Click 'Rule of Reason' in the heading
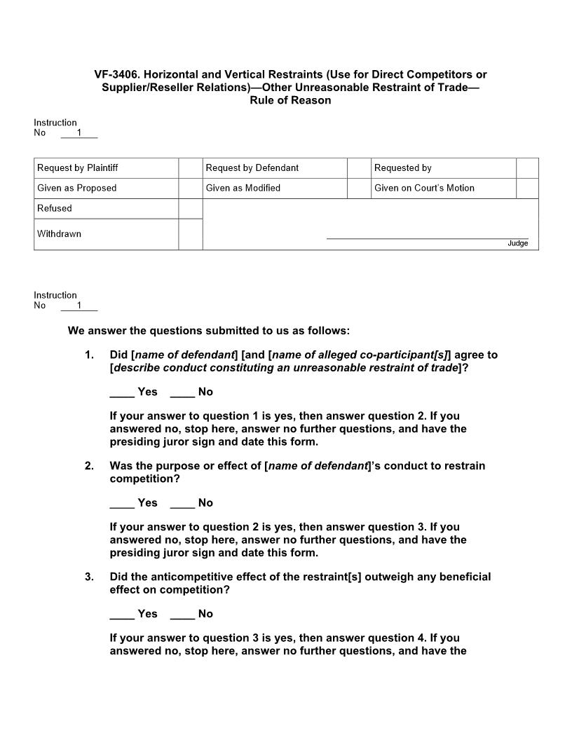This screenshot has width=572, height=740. pyautogui.click(x=290, y=100)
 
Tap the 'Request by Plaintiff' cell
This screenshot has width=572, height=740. pyautogui.click(x=77, y=168)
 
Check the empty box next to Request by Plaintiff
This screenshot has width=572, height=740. pyautogui.click(x=190, y=168)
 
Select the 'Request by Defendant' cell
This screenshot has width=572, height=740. pyautogui.click(x=252, y=168)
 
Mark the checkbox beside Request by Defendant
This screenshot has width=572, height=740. pyautogui.click(x=359, y=168)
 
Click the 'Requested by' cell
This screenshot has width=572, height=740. pyautogui.click(x=402, y=168)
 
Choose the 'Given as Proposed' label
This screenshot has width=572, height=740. pyautogui.click(x=76, y=188)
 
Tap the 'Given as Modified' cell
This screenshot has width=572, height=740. pyautogui.click(x=243, y=188)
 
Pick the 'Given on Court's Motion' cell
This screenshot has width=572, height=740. pyautogui.click(x=424, y=188)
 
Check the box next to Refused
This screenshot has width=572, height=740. pyautogui.click(x=190, y=208)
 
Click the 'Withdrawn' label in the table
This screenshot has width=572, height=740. pyautogui.click(x=59, y=234)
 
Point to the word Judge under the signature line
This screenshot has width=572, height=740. pyautogui.click(x=517, y=243)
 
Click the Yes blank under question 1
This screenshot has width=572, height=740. pyautogui.click(x=122, y=392)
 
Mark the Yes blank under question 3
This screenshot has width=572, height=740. pyautogui.click(x=122, y=615)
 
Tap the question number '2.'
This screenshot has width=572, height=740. pyautogui.click(x=89, y=466)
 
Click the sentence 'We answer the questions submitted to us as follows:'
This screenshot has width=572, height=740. pyautogui.click(x=208, y=331)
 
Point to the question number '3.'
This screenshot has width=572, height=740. pyautogui.click(x=89, y=577)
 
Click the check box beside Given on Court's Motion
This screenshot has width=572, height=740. pyautogui.click(x=527, y=188)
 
